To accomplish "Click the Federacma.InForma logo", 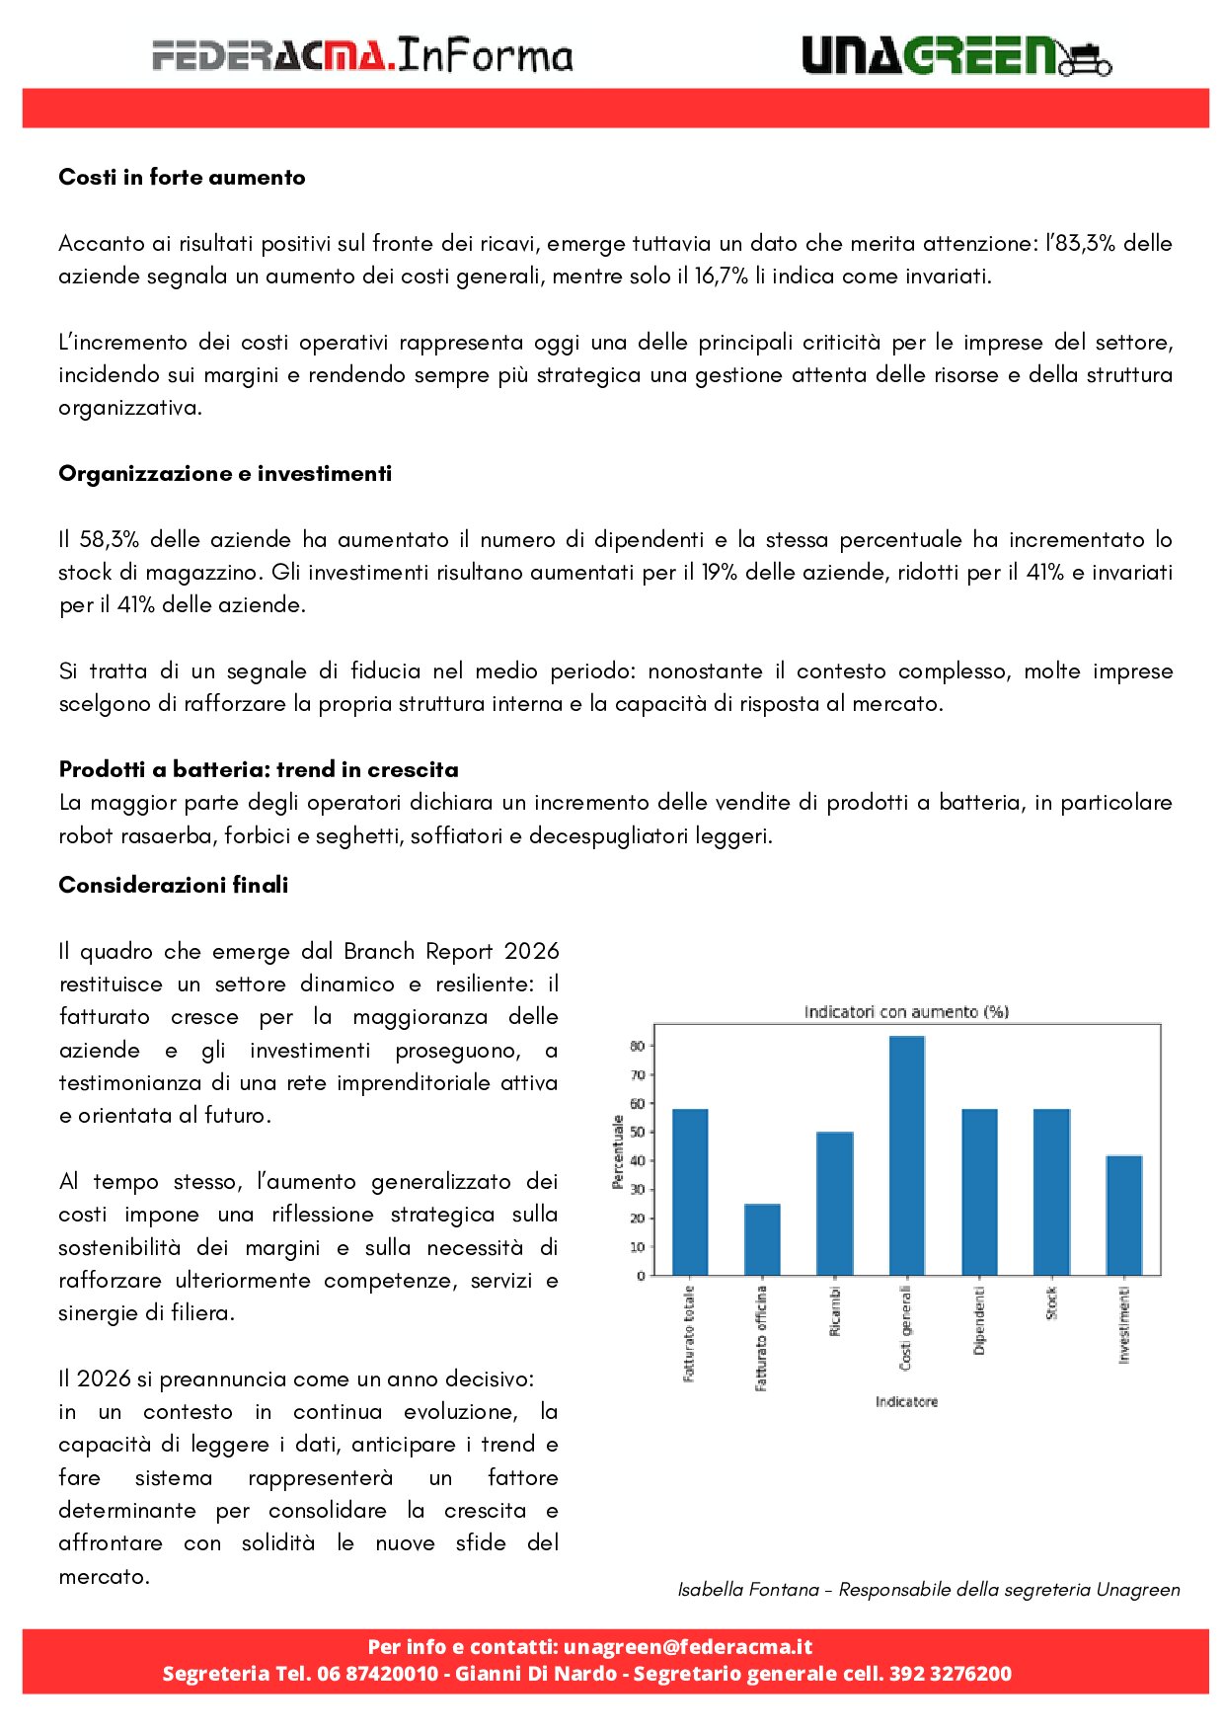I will click(x=362, y=55).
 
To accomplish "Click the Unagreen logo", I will click(x=956, y=56).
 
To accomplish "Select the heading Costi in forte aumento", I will click(x=182, y=178).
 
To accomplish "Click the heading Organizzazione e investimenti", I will click(x=225, y=474).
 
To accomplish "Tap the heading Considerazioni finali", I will click(x=174, y=886).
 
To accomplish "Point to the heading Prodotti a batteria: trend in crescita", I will click(x=259, y=770).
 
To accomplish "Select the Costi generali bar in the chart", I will click(x=906, y=1155).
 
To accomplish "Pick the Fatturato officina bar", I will click(x=762, y=1239).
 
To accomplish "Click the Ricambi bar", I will click(x=834, y=1203).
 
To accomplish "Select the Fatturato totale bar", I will click(x=689, y=1192).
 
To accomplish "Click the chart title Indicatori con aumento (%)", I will click(x=906, y=1012).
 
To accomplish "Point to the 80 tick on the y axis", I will click(x=638, y=1046).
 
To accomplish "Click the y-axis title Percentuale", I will click(x=618, y=1151).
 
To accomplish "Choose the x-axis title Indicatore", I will click(x=906, y=1402).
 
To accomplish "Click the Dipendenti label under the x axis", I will click(x=978, y=1320).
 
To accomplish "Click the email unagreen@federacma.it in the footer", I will click(x=688, y=1647).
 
